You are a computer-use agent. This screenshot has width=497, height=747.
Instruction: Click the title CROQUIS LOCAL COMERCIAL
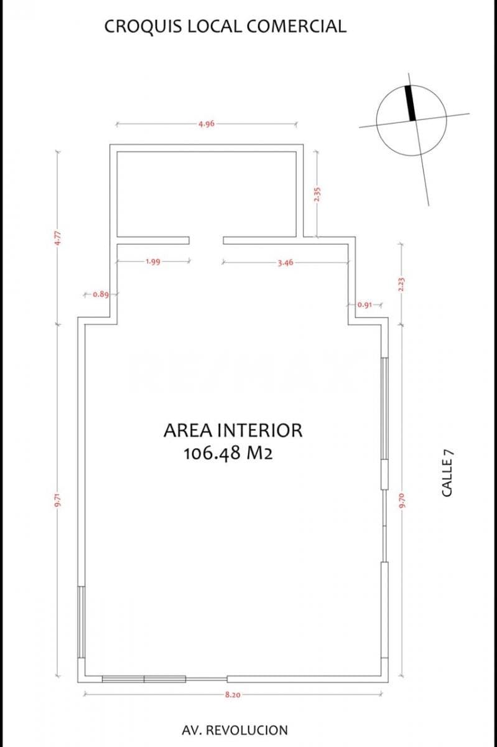coord(225,26)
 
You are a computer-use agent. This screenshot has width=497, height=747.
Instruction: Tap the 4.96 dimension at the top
coord(207,124)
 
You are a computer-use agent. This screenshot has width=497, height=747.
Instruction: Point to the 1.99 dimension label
coord(153,262)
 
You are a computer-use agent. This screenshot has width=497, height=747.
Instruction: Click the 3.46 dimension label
coord(285,263)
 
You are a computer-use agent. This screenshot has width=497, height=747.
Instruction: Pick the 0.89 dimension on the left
coord(101,294)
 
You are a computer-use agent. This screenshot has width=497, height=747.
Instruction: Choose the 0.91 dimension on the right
coord(365,305)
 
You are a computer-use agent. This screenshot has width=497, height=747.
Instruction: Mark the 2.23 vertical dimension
coord(401,284)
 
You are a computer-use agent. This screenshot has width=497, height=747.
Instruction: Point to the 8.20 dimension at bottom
coord(233,694)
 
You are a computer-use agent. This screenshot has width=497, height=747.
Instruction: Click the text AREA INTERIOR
coord(233,430)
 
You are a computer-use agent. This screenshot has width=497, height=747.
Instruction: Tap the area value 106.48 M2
coord(228,454)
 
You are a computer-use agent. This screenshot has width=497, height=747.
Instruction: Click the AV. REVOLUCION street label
coord(235,730)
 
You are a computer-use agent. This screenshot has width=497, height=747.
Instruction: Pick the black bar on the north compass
coord(411,103)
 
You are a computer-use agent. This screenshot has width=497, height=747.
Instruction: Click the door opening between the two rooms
coord(206,240)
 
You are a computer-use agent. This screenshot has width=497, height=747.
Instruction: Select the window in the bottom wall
coord(144,679)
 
